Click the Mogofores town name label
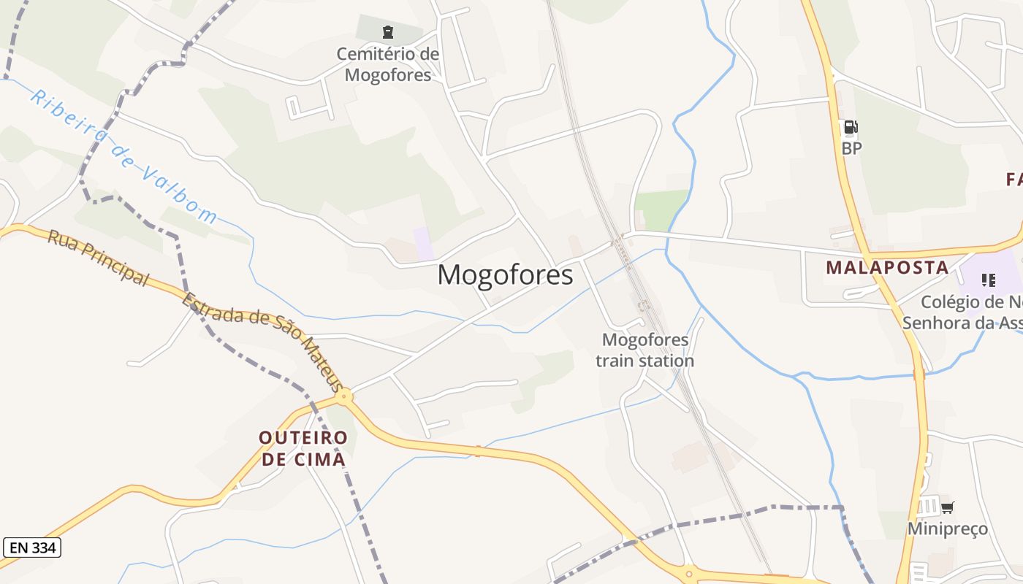click(505, 274)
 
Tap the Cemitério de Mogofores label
click(388, 64)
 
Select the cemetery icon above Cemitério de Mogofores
click(388, 31)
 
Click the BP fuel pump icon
click(850, 128)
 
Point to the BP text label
click(851, 148)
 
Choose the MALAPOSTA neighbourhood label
click(887, 268)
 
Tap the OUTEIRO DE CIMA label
click(303, 448)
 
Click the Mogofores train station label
click(644, 350)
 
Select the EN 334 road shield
click(31, 547)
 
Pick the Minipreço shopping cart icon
click(947, 507)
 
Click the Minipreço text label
click(947, 529)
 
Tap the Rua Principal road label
click(98, 258)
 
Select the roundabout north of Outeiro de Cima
click(344, 397)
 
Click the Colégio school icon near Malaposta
click(989, 280)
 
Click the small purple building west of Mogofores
click(422, 242)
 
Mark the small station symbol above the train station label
click(643, 307)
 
